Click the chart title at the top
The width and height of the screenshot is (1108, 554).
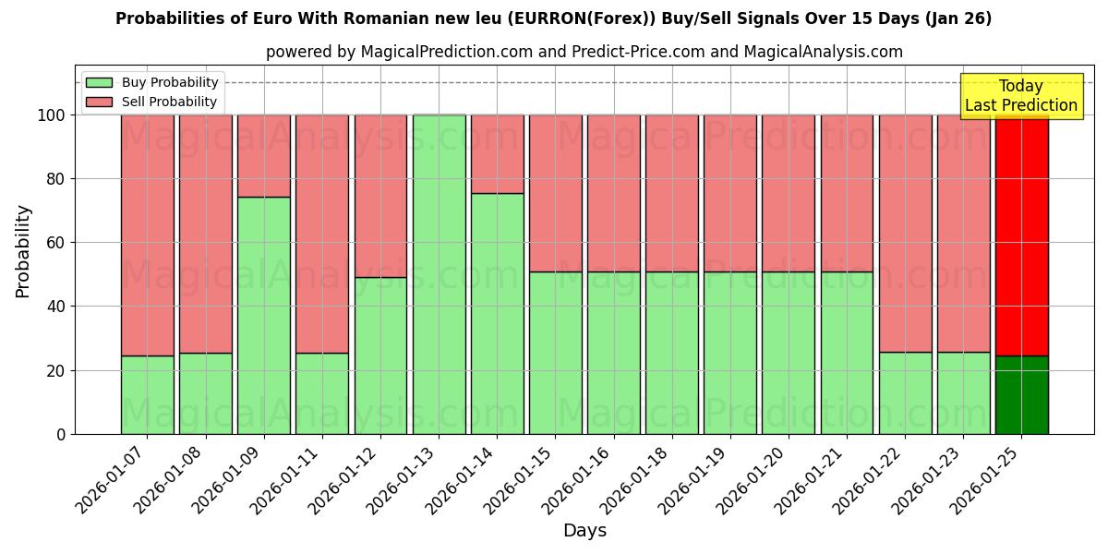click(553, 18)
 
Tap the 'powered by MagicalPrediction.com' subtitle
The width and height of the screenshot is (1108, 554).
click(584, 52)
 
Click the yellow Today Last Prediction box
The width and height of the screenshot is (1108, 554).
click(1020, 96)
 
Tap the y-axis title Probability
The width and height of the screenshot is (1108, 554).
click(23, 251)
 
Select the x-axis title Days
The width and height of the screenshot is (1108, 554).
click(584, 531)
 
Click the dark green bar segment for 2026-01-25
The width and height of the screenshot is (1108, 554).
click(1021, 395)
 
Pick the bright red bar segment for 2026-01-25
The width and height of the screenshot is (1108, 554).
click(1021, 235)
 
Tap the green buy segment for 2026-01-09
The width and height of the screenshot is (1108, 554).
click(264, 316)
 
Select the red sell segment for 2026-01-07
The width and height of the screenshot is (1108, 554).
click(148, 235)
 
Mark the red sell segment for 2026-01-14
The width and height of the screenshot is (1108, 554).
click(497, 154)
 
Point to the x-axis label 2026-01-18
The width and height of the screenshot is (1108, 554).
click(637, 478)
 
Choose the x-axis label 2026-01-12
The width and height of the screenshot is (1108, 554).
click(345, 478)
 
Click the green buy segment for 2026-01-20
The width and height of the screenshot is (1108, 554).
click(789, 353)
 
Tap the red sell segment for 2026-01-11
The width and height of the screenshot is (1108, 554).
click(322, 234)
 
